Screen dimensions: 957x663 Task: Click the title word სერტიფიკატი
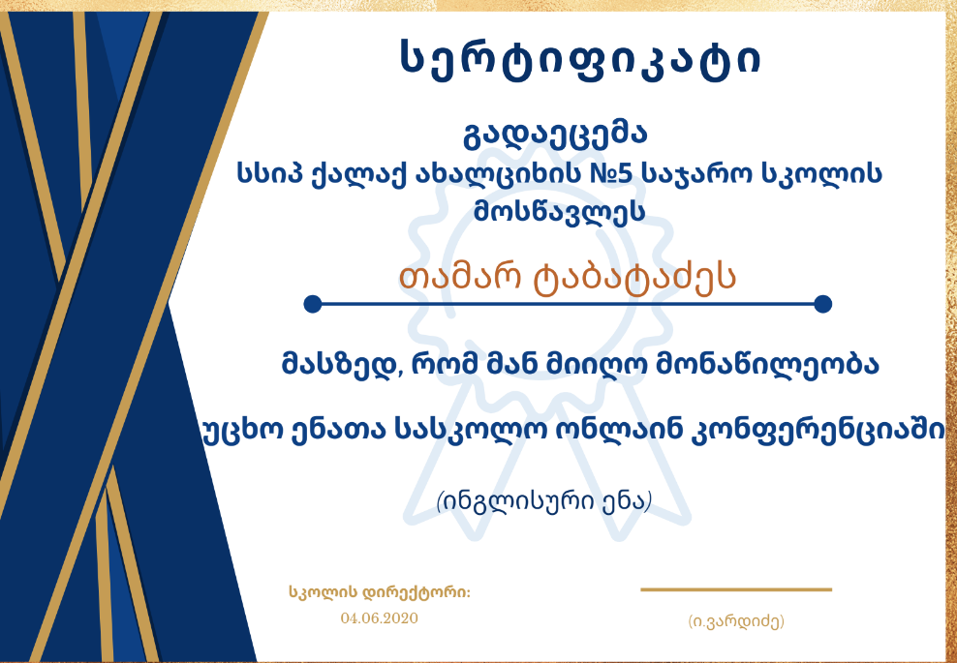coord(580,59)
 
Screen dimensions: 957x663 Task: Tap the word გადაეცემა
coord(555,136)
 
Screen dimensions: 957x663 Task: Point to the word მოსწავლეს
coord(559,212)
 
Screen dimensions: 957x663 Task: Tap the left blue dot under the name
coord(313,304)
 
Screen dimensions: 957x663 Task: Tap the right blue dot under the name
coord(822,304)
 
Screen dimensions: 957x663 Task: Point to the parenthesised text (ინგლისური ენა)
coord(544,502)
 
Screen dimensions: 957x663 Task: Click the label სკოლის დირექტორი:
coord(380,592)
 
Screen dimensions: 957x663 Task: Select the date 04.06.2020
coord(380,618)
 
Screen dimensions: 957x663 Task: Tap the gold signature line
coord(736,589)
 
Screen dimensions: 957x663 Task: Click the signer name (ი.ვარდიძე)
coord(736,621)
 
